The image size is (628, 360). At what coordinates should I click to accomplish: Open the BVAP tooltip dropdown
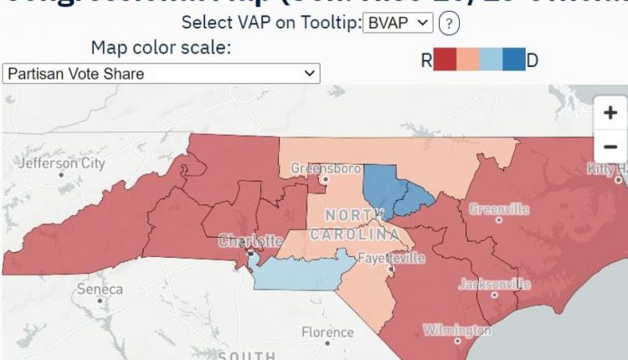pos(398,23)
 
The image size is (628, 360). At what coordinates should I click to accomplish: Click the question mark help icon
pos(449,23)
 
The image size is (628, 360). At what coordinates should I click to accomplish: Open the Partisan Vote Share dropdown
pos(161,74)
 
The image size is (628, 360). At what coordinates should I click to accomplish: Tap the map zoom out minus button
pos(609,147)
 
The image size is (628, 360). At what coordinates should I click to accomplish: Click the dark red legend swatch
pos(445,59)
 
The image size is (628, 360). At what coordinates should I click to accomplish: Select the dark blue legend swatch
pos(514,59)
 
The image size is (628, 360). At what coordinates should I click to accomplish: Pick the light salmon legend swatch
pos(469,59)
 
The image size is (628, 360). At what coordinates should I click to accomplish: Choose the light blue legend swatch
pos(492,59)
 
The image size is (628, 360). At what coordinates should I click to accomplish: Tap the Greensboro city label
pos(319,168)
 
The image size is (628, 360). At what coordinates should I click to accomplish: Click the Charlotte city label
pos(250,241)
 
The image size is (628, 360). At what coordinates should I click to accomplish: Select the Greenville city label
pos(499,209)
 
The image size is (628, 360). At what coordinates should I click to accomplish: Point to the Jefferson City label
pos(61,164)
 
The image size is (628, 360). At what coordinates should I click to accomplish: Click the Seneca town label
pos(99,289)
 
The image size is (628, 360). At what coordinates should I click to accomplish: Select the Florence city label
pos(327,332)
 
